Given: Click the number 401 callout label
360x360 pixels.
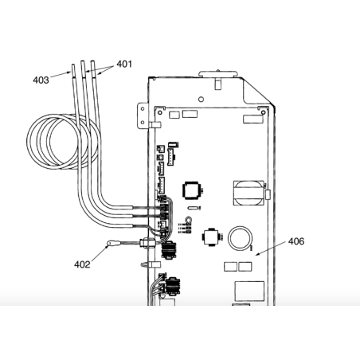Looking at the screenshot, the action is (x=124, y=64).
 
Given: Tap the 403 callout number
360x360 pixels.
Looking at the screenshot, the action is (x=41, y=80).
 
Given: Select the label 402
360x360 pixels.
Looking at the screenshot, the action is (x=82, y=264).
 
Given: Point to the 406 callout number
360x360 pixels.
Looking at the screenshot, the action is (x=296, y=241).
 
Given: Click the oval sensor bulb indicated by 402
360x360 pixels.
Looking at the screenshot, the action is (x=111, y=243).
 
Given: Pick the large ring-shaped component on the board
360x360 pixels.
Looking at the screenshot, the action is (x=240, y=238).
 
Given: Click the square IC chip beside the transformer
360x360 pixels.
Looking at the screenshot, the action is (x=191, y=190).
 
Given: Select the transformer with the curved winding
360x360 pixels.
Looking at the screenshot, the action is (x=248, y=193).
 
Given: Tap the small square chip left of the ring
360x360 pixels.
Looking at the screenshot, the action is (x=211, y=237).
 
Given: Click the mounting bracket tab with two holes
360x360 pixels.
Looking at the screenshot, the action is (x=143, y=115).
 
